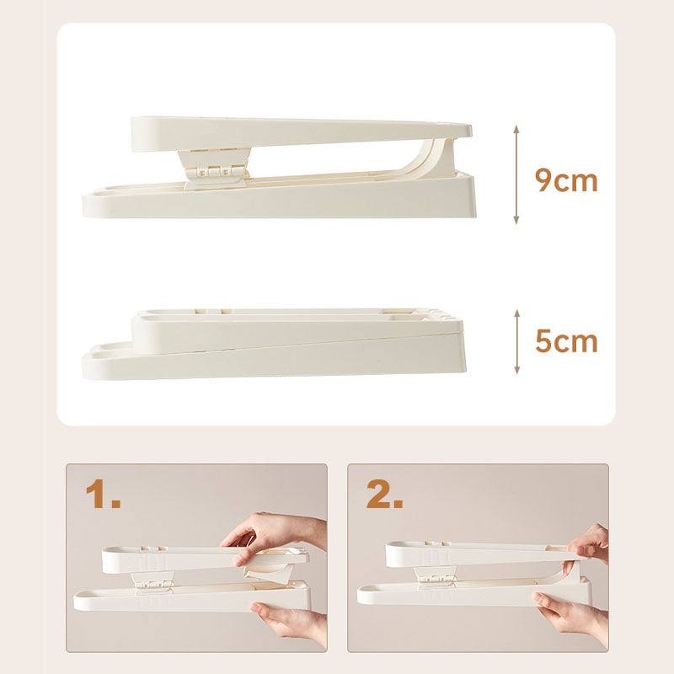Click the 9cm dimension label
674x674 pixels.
tap(566, 180)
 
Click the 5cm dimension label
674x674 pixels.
tap(566, 341)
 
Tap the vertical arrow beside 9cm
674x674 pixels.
tap(516, 174)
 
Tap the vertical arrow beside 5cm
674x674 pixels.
tap(517, 341)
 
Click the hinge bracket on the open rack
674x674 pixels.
tap(215, 168)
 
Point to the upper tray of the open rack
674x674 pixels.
tap(301, 133)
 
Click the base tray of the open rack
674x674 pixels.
tap(280, 198)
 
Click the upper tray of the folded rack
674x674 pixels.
tap(297, 329)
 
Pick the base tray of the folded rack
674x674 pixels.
tap(275, 359)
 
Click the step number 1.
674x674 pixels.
tap(103, 494)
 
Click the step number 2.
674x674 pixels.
tap(384, 494)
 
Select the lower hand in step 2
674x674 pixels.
tap(572, 616)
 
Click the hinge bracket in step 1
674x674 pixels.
tap(152, 581)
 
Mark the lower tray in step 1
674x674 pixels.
tap(192, 597)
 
